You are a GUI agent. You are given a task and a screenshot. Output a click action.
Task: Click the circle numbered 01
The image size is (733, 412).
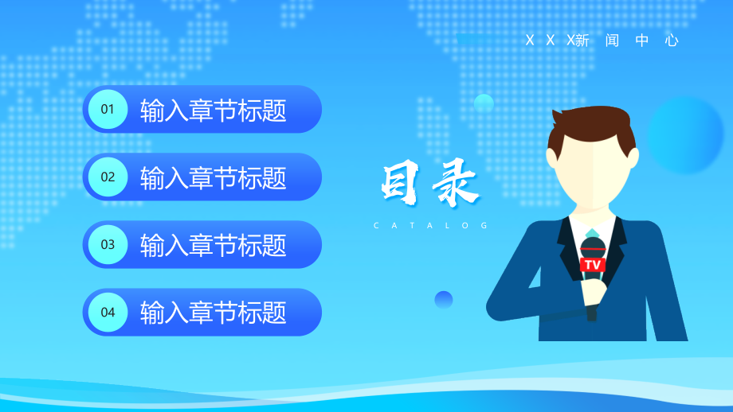click(x=108, y=110)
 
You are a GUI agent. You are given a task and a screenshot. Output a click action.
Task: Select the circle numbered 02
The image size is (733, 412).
click(x=108, y=177)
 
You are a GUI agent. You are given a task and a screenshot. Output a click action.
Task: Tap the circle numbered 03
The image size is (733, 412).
click(x=108, y=244)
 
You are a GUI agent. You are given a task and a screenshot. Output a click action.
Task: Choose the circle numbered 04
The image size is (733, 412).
click(x=108, y=312)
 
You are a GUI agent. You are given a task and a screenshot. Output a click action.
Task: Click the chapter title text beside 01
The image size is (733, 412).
click(x=214, y=111)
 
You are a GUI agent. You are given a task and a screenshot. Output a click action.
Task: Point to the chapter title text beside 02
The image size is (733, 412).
click(x=214, y=177)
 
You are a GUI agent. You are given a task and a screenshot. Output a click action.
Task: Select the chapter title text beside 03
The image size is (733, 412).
click(x=214, y=245)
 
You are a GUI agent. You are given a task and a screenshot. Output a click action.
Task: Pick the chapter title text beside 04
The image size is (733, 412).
click(x=214, y=313)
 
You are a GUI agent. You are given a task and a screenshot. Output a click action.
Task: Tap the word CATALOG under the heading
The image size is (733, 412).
click(x=430, y=226)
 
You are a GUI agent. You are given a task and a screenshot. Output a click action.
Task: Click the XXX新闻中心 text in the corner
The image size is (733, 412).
click(x=602, y=41)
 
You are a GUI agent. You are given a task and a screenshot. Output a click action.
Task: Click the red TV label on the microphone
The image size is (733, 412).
click(x=592, y=264)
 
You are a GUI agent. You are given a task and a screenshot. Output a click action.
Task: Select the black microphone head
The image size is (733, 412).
click(x=592, y=247)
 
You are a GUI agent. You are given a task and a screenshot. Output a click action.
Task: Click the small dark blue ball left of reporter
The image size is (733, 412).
click(x=444, y=300)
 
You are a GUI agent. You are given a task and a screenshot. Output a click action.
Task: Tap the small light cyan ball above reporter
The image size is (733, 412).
click(x=484, y=103)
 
